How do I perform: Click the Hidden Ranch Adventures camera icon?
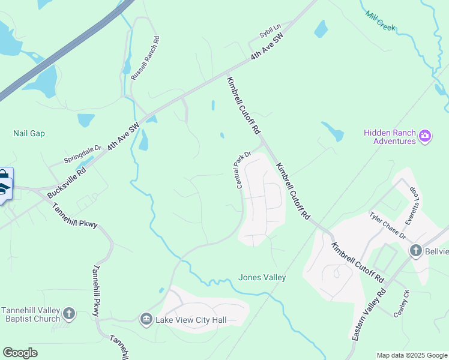[425, 136]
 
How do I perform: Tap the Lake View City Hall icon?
[146, 320]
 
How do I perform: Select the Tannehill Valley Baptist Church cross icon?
[69, 313]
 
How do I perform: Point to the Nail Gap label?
[29, 133]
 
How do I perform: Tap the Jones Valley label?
[262, 277]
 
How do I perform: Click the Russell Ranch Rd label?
[145, 58]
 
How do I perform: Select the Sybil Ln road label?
[270, 32]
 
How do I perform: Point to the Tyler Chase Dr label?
[388, 226]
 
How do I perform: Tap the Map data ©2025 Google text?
[411, 355]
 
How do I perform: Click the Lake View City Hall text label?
[191, 320]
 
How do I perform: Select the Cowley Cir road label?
[401, 303]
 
